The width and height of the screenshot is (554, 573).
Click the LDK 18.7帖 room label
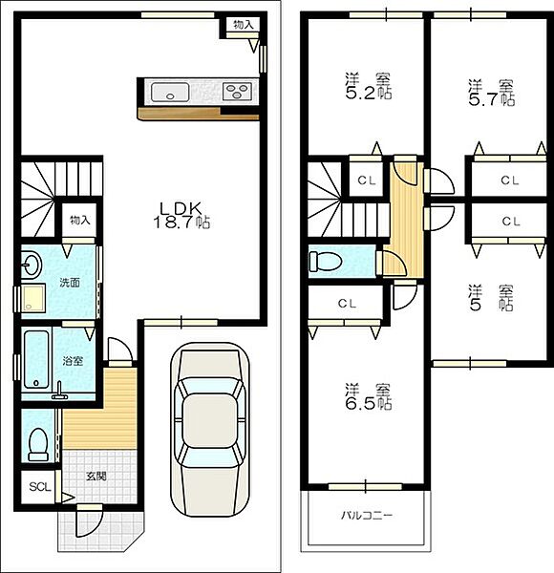[x=181, y=215]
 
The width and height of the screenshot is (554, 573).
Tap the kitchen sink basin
[x=170, y=92]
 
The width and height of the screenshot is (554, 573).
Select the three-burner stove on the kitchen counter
[x=237, y=91]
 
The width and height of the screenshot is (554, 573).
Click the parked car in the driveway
[x=210, y=430]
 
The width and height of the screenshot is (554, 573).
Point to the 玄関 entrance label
[x=96, y=477]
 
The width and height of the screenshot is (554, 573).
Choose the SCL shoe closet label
[x=40, y=487]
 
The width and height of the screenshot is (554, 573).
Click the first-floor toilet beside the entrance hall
[x=38, y=444]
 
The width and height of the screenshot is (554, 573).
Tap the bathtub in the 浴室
[x=36, y=359]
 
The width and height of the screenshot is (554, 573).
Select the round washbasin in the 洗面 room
[x=32, y=265]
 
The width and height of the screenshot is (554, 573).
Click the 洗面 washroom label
[x=70, y=283]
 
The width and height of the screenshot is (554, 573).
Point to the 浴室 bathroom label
[x=73, y=361]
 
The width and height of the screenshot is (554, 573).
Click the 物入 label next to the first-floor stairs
[x=79, y=220]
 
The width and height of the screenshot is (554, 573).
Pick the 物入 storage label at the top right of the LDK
[x=244, y=25]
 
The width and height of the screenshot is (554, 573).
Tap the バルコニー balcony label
[x=367, y=516]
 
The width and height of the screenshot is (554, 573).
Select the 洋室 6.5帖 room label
[x=369, y=396]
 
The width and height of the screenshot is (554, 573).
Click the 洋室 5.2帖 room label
[x=369, y=86]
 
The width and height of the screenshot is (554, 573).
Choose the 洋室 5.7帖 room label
[x=492, y=93]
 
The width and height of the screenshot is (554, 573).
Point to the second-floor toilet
[x=326, y=262]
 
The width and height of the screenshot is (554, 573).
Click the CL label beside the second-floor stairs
[x=367, y=180]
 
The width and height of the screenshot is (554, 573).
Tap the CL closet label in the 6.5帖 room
[x=347, y=304]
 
